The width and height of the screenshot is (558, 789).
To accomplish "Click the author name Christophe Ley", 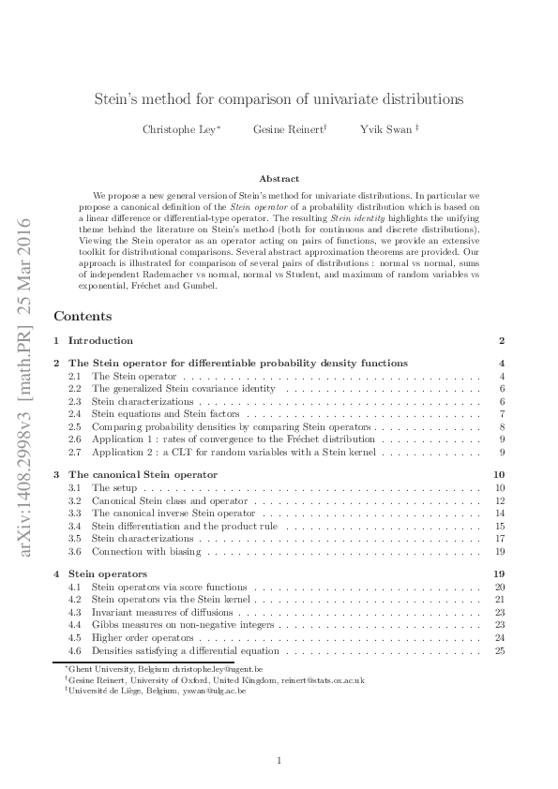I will point(180,129).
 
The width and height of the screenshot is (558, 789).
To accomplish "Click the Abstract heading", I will point(279,178).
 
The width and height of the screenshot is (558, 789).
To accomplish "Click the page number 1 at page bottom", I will point(279,761).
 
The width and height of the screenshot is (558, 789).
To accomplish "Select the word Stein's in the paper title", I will point(119,97).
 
